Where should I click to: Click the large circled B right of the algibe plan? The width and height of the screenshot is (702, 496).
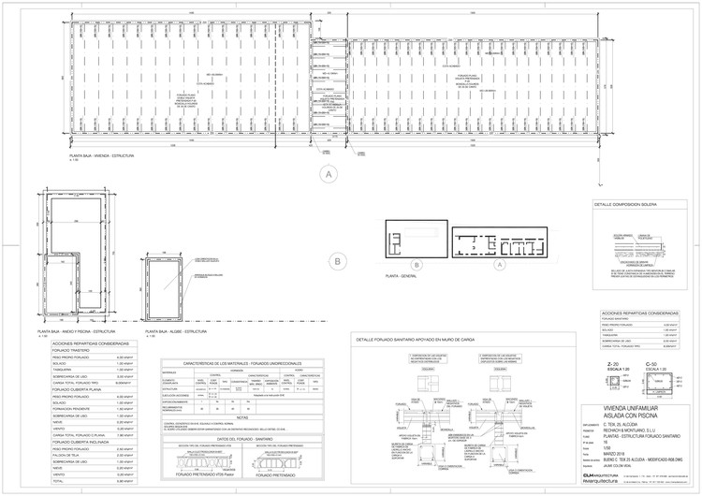[335, 263]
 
